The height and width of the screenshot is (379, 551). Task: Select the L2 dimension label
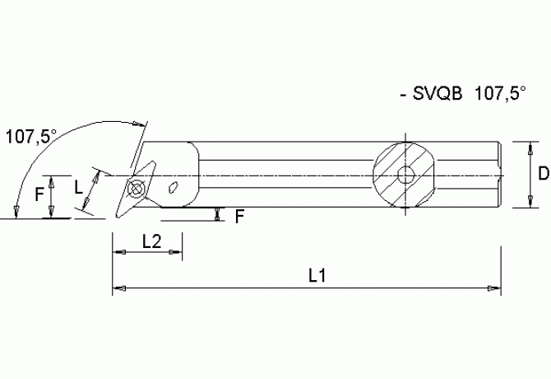pos(150,241)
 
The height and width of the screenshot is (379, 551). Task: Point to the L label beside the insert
pos(79,186)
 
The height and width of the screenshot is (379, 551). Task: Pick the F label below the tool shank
pos(239,217)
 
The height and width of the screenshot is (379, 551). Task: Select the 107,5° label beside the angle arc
pos(30,137)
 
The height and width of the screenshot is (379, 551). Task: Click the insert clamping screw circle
pos(137,189)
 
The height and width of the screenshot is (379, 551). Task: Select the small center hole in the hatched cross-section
pos(404,175)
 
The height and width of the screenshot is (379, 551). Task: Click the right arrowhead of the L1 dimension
pos(495,288)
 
